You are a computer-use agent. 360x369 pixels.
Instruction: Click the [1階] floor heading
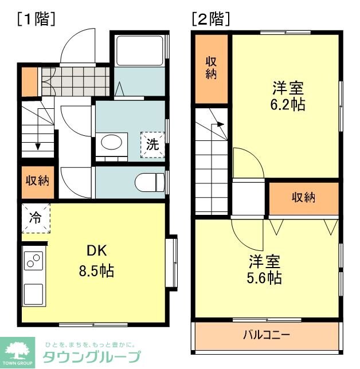click(36, 19)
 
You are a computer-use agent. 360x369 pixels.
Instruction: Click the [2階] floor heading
click(211, 19)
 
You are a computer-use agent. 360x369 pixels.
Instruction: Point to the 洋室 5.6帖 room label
click(264, 270)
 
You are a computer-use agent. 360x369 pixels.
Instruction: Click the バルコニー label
click(267, 334)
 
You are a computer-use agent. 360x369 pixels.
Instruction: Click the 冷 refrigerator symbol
click(36, 218)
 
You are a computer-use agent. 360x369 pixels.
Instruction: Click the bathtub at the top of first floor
click(139, 51)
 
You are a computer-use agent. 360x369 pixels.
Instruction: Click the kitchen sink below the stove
click(33, 295)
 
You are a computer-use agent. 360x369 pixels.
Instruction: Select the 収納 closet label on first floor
click(37, 181)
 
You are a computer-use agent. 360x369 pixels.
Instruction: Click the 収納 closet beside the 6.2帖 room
click(212, 67)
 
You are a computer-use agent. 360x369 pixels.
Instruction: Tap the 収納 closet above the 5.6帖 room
click(304, 198)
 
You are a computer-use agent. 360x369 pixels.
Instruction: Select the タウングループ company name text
click(92, 357)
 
